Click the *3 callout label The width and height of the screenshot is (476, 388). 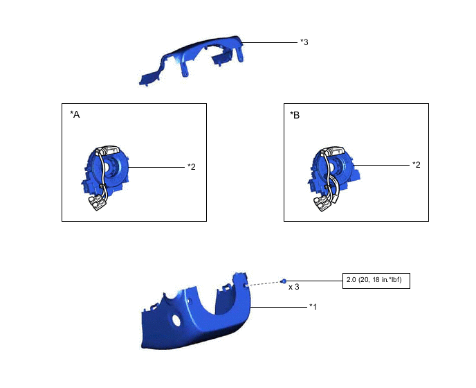point(304,42)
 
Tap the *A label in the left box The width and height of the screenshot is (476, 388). point(75,114)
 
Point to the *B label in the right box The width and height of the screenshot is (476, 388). point(295,115)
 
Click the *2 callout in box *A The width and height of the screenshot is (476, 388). point(192,167)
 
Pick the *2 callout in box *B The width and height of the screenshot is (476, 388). point(416,165)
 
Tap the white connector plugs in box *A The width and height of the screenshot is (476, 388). point(98,203)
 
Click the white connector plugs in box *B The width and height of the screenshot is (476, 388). point(322,203)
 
